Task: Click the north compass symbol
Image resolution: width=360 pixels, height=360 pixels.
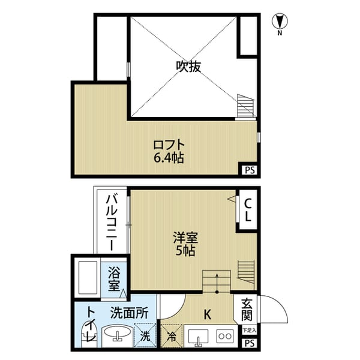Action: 279,22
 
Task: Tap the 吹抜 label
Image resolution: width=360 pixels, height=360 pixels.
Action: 188,67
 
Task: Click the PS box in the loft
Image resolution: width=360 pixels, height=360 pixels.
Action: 249,170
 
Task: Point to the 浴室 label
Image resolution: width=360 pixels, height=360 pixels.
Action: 114,279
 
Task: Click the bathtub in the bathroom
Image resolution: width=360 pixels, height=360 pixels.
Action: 88,277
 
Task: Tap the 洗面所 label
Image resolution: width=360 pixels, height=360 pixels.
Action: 128,312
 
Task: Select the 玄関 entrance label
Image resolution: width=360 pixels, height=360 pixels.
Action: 248,310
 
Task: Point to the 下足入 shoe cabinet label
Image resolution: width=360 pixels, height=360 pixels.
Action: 248,330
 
